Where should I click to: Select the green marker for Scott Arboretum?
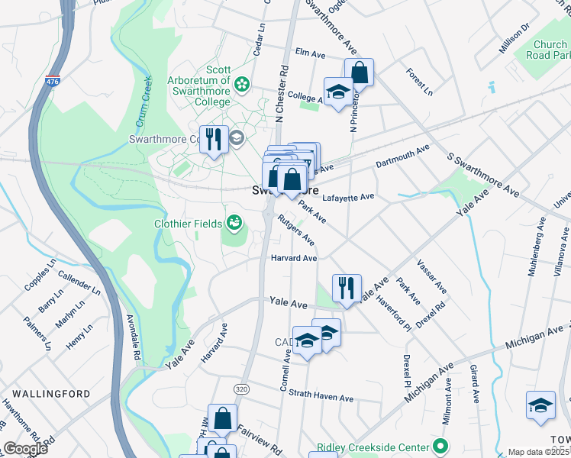click(242, 83)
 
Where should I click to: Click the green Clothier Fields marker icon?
click(234, 224)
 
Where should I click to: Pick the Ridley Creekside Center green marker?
click(440, 446)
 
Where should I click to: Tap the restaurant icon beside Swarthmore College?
click(214, 139)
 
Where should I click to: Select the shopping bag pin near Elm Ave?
click(359, 74)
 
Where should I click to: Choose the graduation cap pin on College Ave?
click(337, 92)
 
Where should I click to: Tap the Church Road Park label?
click(551, 50)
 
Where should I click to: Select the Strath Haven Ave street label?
click(324, 398)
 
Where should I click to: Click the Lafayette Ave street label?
click(348, 197)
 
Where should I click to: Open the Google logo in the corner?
click(25, 449)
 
